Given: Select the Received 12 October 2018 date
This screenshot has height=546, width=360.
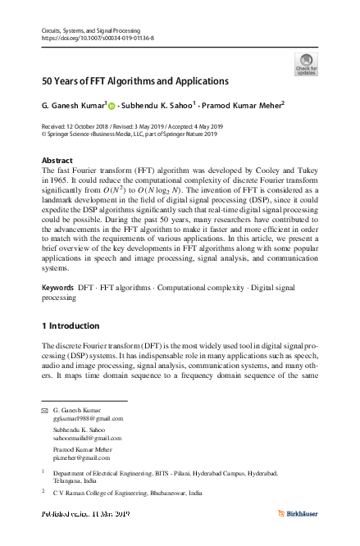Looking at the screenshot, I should pyautogui.click(x=79, y=126).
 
